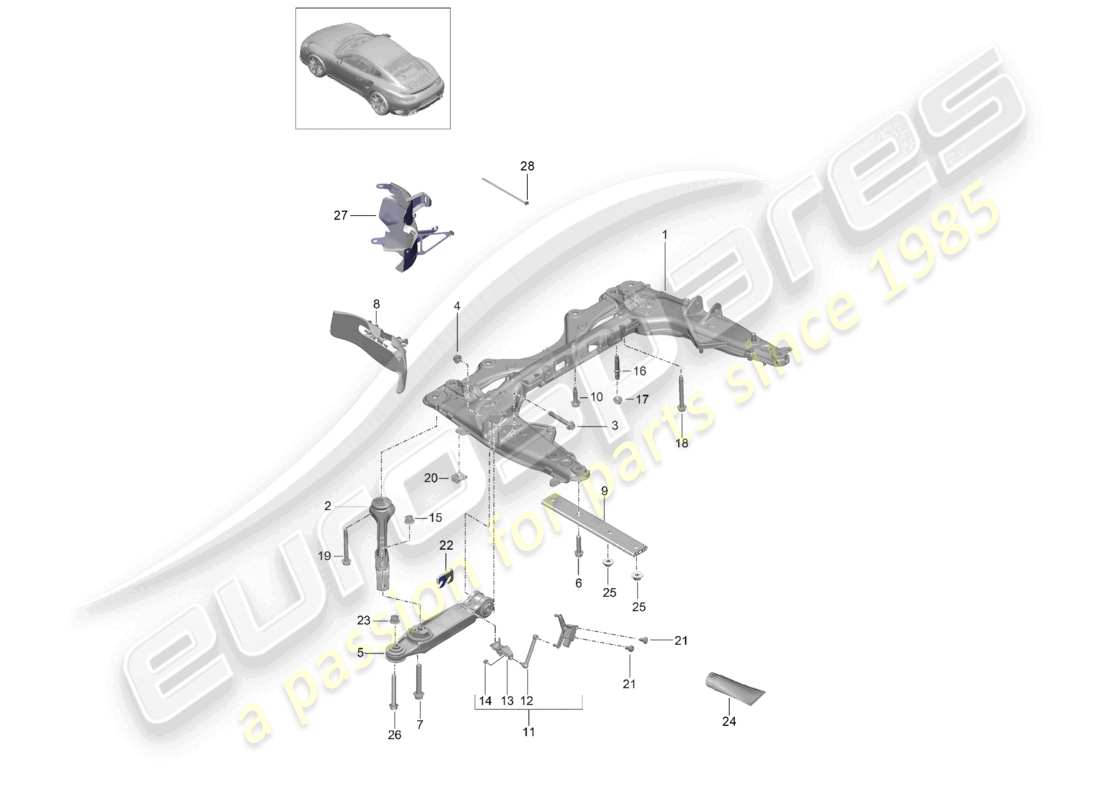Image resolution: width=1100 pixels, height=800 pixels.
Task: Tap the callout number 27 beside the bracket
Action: [340, 214]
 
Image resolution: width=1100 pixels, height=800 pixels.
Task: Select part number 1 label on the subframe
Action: [662, 234]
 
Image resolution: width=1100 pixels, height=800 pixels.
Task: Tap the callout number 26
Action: [394, 735]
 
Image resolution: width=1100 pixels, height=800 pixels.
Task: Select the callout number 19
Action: [324, 556]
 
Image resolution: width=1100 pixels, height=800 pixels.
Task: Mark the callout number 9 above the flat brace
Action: [604, 490]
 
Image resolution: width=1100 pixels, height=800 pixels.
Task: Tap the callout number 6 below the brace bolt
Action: [578, 583]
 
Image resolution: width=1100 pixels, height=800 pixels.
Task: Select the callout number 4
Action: [457, 305]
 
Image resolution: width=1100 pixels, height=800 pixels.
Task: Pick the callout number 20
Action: [431, 478]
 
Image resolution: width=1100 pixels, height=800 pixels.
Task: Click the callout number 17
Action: [642, 399]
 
